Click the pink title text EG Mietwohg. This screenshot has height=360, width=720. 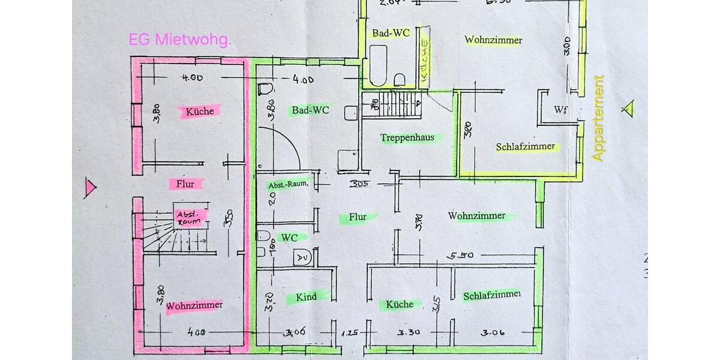point(180,40)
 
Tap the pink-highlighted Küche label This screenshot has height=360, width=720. point(200,111)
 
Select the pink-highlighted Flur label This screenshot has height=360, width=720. point(185,184)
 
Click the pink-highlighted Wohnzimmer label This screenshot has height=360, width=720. point(194,305)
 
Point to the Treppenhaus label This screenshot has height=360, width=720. point(407,138)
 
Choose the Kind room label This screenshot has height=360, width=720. point(307,296)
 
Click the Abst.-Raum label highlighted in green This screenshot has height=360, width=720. point(287,185)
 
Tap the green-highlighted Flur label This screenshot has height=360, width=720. point(358,217)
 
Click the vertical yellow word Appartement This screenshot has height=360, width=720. point(598,118)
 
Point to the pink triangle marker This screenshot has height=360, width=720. point(90,188)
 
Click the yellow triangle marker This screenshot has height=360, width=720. point(628,108)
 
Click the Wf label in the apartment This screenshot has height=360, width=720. point(560,110)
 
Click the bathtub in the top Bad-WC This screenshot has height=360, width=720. point(378,66)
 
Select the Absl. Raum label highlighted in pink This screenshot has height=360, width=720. point(191,217)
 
